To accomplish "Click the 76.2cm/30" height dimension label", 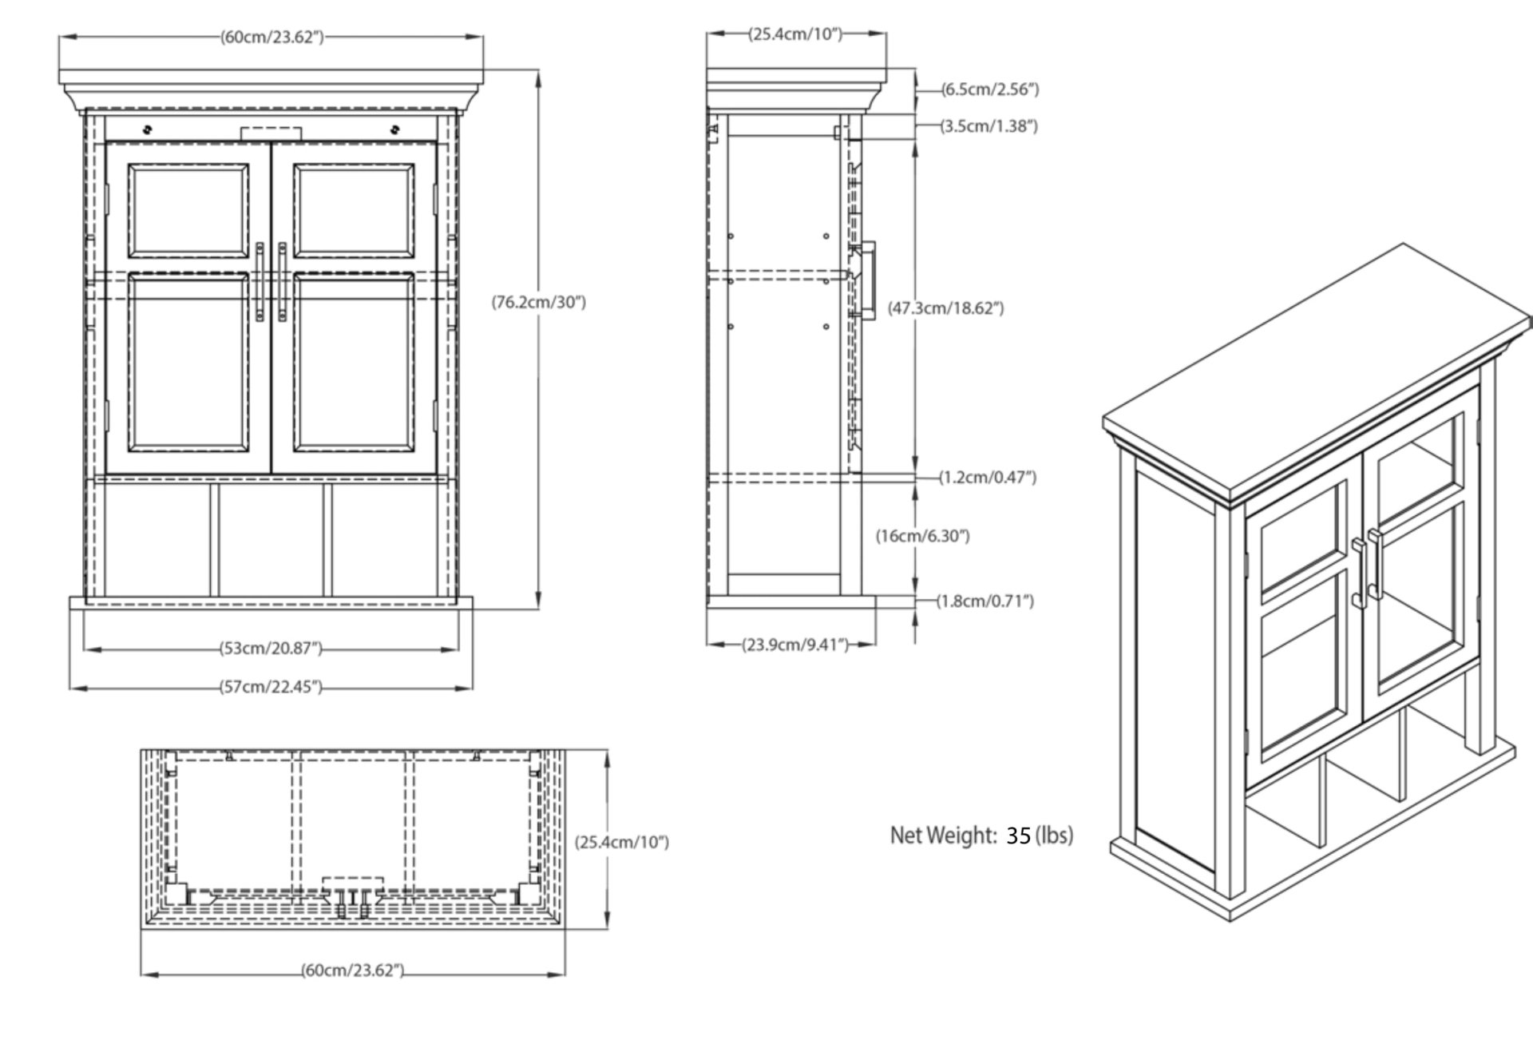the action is pos(538,303).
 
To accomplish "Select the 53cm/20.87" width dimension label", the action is pos(271,649).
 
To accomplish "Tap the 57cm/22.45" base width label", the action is pos(271,687).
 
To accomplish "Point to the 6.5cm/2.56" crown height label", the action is pos(990,89).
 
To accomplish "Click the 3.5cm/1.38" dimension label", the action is pos(989,126).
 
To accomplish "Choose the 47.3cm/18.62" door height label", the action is pos(946,308).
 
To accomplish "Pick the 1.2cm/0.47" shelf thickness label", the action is pos(988,478).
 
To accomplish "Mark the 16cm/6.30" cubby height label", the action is pos(923,536).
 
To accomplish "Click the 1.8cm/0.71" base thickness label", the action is pos(985,601).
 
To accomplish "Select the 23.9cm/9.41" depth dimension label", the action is pos(795,645).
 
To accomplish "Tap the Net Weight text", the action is pos(944,836).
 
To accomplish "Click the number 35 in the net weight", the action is pos(1018,836).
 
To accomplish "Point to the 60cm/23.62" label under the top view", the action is pos(353,971).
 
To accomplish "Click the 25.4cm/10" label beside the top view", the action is pos(622,842).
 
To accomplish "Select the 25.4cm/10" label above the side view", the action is pos(795,34).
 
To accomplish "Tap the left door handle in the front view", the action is pos(259,282).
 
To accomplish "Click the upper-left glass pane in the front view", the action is pos(188,212).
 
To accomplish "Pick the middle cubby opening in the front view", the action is pos(271,541).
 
